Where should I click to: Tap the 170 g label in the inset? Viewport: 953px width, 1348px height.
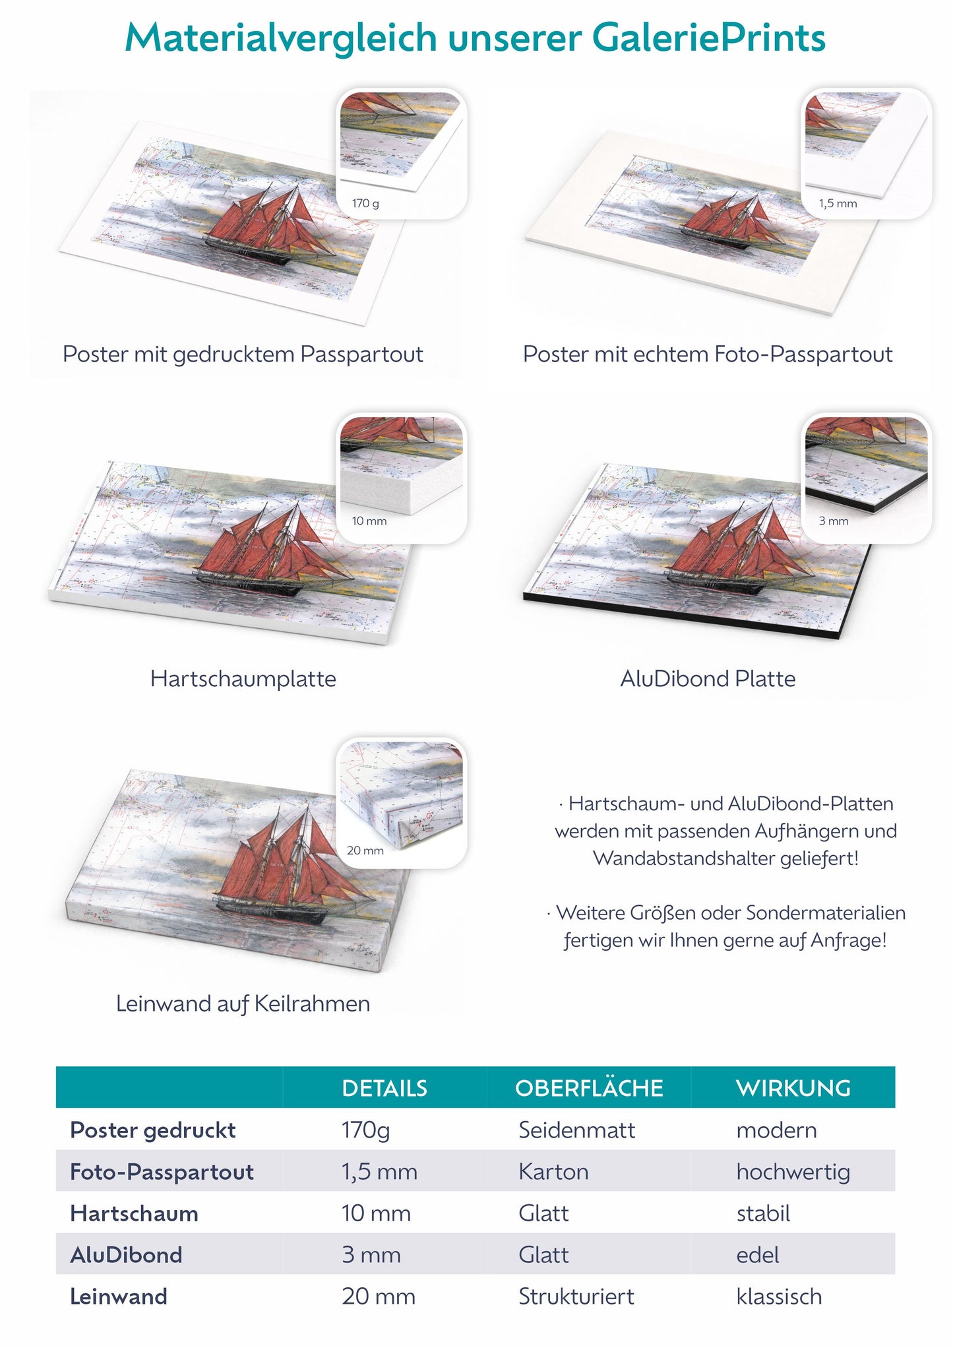(365, 203)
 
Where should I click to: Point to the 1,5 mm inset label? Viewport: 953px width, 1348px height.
(838, 203)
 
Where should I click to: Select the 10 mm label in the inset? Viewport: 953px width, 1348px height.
(369, 521)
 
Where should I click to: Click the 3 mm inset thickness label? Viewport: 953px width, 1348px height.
(834, 521)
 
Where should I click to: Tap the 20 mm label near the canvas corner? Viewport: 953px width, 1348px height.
(365, 851)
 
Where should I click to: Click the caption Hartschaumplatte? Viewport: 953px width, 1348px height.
(243, 679)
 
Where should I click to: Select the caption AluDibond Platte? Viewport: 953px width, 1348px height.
(708, 679)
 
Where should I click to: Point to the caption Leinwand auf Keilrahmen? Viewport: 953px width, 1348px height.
(243, 1004)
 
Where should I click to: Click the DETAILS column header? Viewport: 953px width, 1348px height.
(384, 1088)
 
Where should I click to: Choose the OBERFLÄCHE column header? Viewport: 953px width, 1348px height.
(589, 1087)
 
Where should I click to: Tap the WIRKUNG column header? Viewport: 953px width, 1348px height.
(793, 1088)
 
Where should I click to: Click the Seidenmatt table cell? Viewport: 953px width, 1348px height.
(577, 1130)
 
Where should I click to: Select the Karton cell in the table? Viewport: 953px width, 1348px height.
(554, 1172)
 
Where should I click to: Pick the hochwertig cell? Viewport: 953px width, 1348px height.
(793, 1172)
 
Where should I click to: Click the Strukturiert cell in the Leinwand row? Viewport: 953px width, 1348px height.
(576, 1297)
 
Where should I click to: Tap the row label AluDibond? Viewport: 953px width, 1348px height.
(126, 1255)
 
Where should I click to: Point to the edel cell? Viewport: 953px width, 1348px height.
(758, 1255)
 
